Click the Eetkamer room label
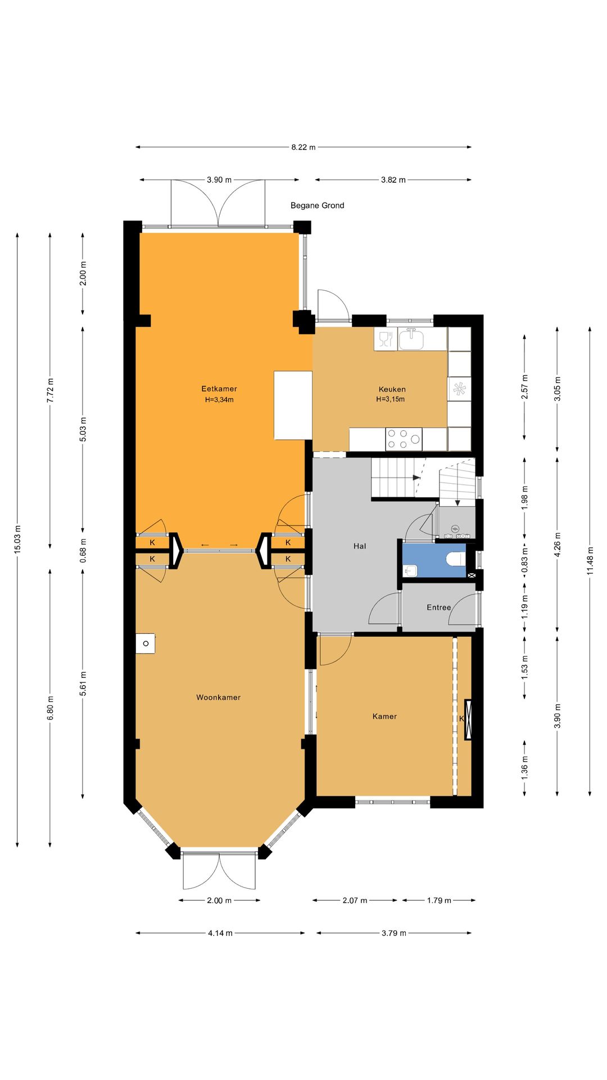pyautogui.click(x=219, y=389)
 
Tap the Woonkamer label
pyautogui.click(x=218, y=697)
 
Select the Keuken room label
pyautogui.click(x=392, y=389)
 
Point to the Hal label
pyautogui.click(x=360, y=546)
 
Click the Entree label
pyautogui.click(x=438, y=607)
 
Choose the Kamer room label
pyautogui.click(x=384, y=717)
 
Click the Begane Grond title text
pyautogui.click(x=317, y=205)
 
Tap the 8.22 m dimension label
pyautogui.click(x=303, y=147)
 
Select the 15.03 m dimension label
pyautogui.click(x=17, y=539)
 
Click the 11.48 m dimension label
pyautogui.click(x=590, y=561)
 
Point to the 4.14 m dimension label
pyautogui.click(x=220, y=933)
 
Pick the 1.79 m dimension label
pyautogui.click(x=439, y=901)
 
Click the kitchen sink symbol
pyautogui.click(x=411, y=339)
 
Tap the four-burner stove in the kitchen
pyautogui.click(x=404, y=439)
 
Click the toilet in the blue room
pyautogui.click(x=455, y=560)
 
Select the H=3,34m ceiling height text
pyautogui.click(x=219, y=400)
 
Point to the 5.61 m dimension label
pyautogui.click(x=83, y=683)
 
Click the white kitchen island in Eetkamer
pyautogui.click(x=293, y=405)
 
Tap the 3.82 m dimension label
pyautogui.click(x=393, y=180)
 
